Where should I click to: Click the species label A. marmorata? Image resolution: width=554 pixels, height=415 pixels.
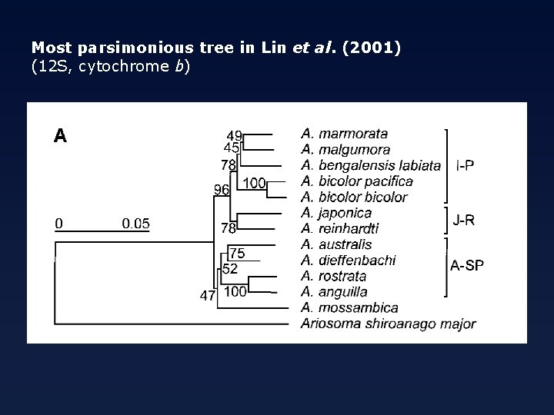[344, 134]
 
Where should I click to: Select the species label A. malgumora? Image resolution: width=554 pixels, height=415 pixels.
[345, 150]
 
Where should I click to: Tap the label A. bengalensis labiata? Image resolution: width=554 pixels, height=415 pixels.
[371, 165]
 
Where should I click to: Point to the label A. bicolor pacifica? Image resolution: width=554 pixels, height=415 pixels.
[357, 181]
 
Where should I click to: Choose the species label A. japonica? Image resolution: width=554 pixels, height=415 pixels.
[336, 213]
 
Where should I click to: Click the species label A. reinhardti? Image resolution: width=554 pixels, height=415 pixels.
[339, 228]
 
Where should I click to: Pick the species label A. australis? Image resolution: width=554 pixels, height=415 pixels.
[336, 244]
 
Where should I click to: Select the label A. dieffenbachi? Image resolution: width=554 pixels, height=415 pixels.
[349, 261]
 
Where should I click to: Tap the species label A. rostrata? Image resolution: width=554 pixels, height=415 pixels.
[334, 276]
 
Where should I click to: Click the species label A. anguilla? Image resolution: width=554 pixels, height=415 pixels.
[335, 292]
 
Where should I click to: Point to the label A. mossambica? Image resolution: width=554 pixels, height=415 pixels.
[349, 307]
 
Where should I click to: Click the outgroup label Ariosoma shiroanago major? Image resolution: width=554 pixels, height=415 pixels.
[389, 324]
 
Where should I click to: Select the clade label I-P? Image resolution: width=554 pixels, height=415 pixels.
[465, 164]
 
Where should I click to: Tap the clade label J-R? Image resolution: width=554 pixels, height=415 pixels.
[464, 221]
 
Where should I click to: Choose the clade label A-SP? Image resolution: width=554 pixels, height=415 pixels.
[467, 267]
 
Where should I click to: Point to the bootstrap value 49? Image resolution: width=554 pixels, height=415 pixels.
[235, 135]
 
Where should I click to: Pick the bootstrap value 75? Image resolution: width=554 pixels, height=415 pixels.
[237, 254]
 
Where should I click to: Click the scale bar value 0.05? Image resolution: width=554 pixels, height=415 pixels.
[136, 224]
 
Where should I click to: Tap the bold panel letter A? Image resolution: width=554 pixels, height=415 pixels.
[60, 136]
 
